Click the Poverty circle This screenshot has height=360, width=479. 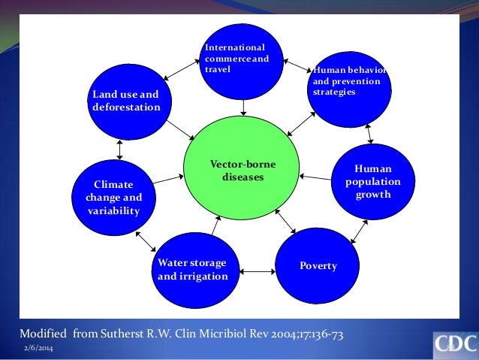[317, 265]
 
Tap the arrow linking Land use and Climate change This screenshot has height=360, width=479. [120, 149]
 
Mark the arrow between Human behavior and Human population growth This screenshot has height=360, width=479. [369, 134]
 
